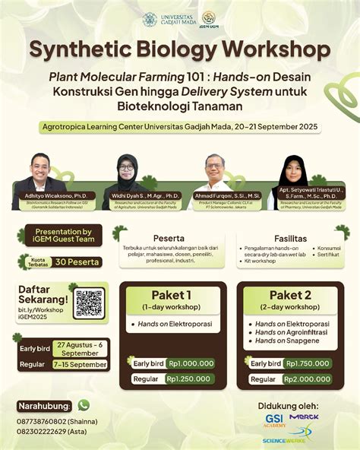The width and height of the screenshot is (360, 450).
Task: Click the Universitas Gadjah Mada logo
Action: [x=150, y=19]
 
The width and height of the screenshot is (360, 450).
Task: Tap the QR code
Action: [x=89, y=304]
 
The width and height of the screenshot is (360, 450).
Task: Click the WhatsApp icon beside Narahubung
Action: [x=84, y=405]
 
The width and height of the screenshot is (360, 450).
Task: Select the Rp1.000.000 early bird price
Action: [x=190, y=363]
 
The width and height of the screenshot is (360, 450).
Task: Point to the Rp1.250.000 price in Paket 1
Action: [x=190, y=379]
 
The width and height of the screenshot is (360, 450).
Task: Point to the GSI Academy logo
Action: [x=274, y=420]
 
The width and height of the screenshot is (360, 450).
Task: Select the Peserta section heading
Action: [x=169, y=236]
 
